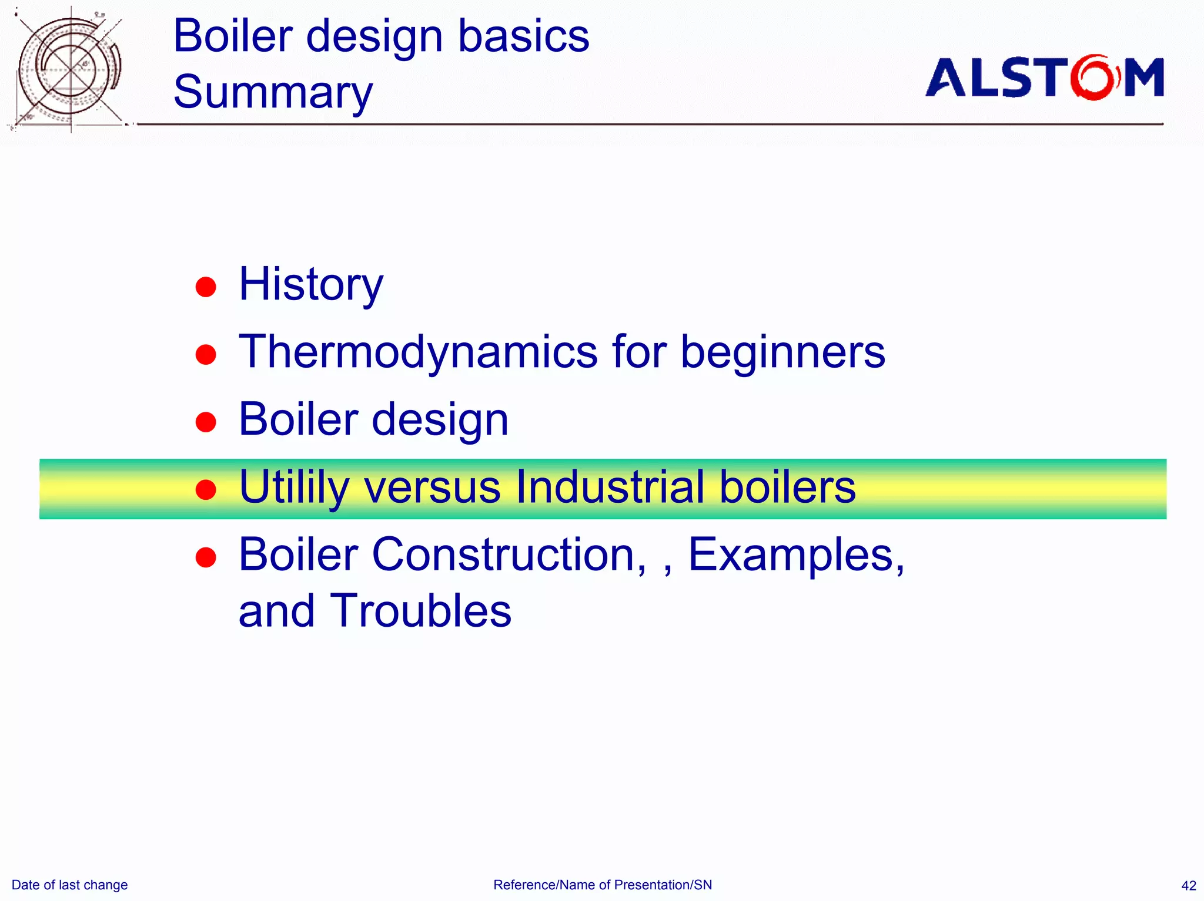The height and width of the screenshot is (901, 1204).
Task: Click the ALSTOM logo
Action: [x=1044, y=78]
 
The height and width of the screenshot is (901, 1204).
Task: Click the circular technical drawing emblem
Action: [x=69, y=69]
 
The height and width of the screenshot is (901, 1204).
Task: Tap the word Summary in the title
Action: [x=273, y=92]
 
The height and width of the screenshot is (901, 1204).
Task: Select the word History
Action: [x=310, y=285]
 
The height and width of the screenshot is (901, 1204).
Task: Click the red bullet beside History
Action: [x=206, y=287]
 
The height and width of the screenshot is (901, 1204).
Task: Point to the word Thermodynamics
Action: [x=418, y=352]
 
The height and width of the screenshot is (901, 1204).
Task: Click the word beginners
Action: [x=782, y=352]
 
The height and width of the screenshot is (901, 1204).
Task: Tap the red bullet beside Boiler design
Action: [x=206, y=422]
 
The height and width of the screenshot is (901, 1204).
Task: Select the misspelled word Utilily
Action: [x=294, y=488]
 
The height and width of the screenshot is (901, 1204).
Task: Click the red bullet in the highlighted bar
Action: [x=206, y=489]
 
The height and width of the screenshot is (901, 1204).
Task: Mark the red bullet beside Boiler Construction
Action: [x=206, y=557]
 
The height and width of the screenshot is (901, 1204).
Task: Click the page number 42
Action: [x=1188, y=886]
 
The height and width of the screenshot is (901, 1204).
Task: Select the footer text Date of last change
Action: [x=69, y=885]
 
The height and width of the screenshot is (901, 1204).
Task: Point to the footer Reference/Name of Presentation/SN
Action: [x=603, y=885]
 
